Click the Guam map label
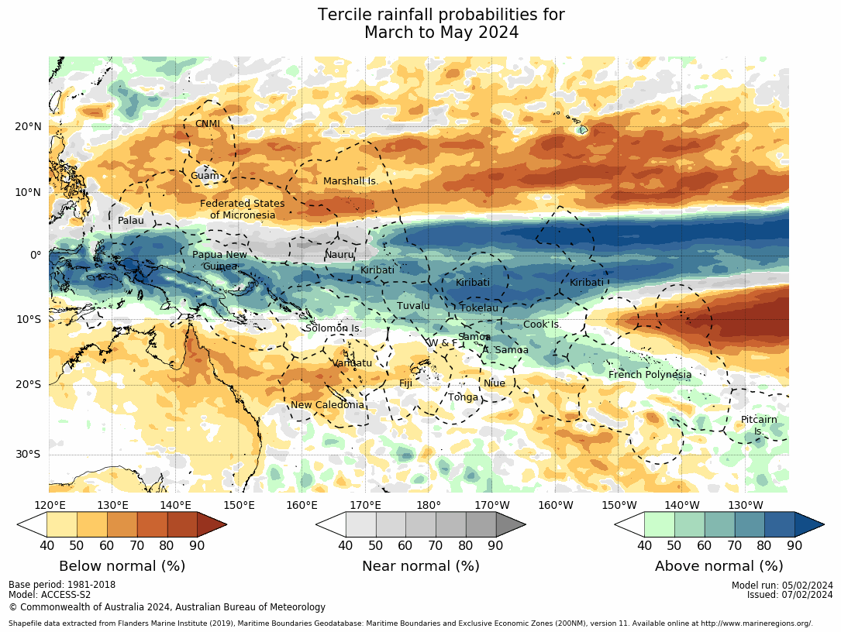tap(205, 176)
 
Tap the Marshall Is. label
tap(350, 181)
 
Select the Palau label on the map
tap(131, 221)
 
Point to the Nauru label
tap(339, 255)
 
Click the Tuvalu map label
tap(413, 306)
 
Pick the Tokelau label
tap(479, 308)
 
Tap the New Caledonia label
tap(327, 405)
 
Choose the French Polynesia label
tap(650, 375)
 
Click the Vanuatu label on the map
tap(353, 363)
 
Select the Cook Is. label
tap(543, 325)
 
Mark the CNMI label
tap(208, 124)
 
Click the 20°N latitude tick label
tap(28, 127)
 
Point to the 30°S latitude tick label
tap(29, 455)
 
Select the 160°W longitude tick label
tap(556, 506)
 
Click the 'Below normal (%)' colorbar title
tap(122, 566)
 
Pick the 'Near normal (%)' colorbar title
tap(421, 566)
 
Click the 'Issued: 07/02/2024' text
tap(790, 595)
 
